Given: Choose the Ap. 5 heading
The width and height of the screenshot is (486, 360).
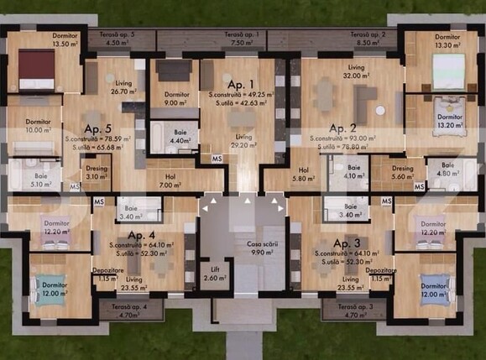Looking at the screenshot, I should (x=97, y=129).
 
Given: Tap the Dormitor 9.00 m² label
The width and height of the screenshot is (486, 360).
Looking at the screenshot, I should (x=176, y=99).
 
